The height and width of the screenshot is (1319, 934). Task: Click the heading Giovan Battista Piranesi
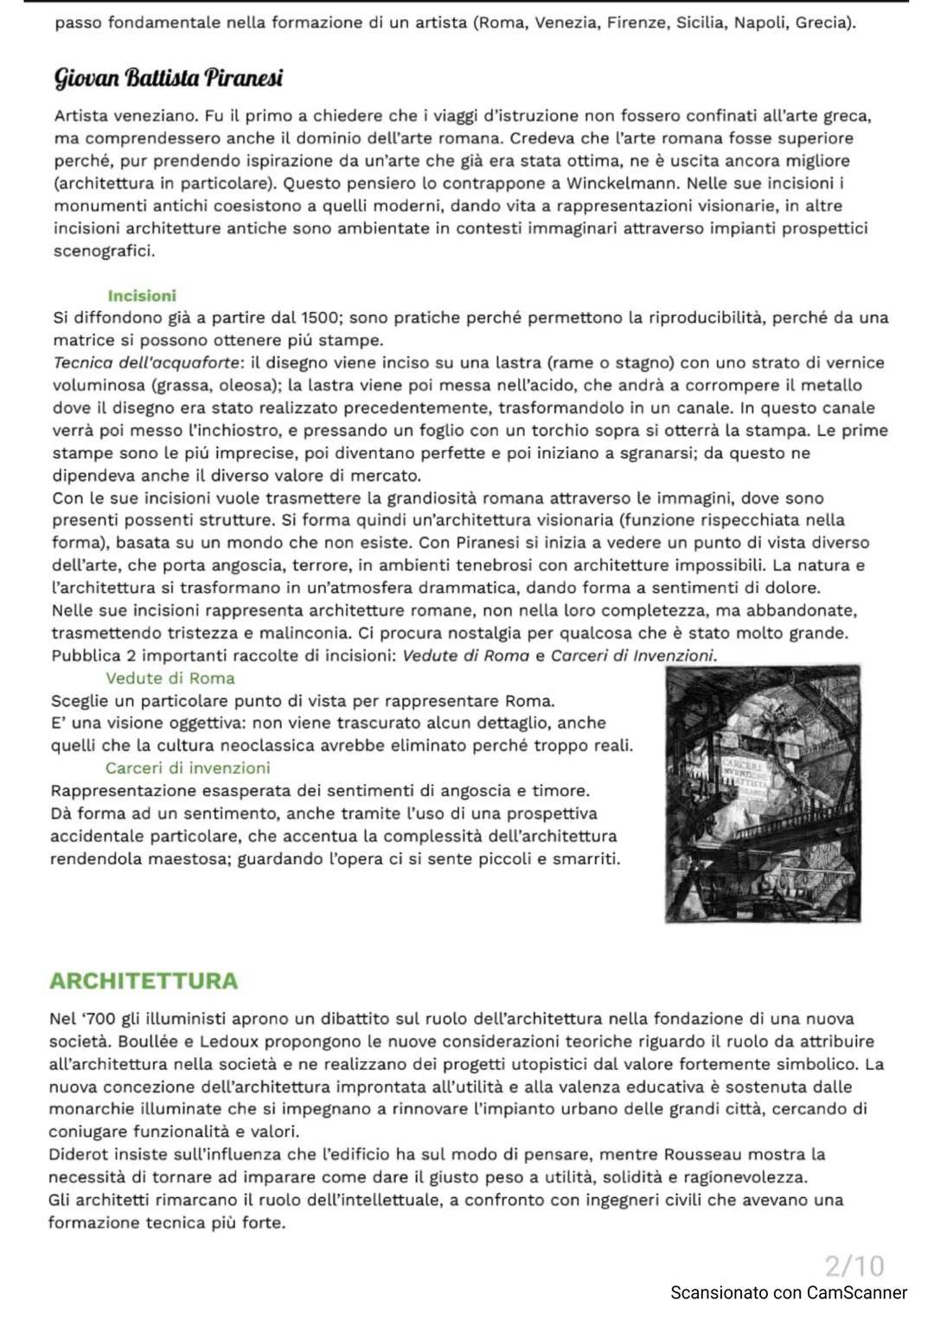(x=169, y=79)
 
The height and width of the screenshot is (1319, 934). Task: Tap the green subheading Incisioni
(x=142, y=296)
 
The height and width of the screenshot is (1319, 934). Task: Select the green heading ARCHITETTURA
(x=144, y=981)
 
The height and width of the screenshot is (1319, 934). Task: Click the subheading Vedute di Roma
(x=170, y=679)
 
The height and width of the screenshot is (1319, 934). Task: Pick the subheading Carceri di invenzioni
(x=187, y=768)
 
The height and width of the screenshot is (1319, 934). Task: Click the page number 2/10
(x=854, y=1265)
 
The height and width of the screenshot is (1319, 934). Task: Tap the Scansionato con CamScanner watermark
(x=789, y=1293)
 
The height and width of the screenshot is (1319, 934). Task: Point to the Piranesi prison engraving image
(x=763, y=793)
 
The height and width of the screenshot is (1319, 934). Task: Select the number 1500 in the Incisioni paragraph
(x=322, y=317)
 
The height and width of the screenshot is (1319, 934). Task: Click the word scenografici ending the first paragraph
(x=104, y=252)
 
